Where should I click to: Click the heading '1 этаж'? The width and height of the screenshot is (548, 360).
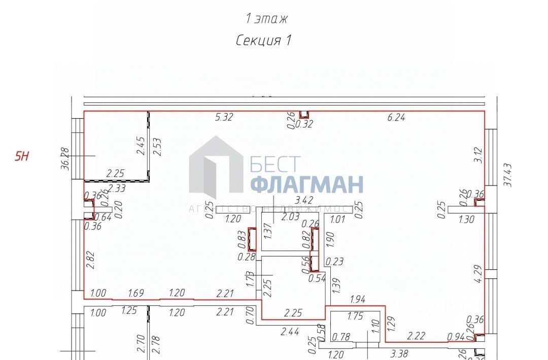coord(266,19)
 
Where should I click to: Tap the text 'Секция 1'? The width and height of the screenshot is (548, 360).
coord(263,41)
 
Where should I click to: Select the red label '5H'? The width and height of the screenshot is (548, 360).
coord(22,156)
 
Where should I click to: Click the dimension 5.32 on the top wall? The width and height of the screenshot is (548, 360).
coord(224,118)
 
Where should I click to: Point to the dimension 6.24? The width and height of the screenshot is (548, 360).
coord(397,118)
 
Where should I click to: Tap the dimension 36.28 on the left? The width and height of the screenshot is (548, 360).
coord(64,159)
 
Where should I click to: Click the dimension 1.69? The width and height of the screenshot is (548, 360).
coord(135,293)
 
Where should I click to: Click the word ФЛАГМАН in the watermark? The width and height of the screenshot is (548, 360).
coord(307,184)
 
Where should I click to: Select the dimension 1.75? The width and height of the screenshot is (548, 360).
coord(356,317)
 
